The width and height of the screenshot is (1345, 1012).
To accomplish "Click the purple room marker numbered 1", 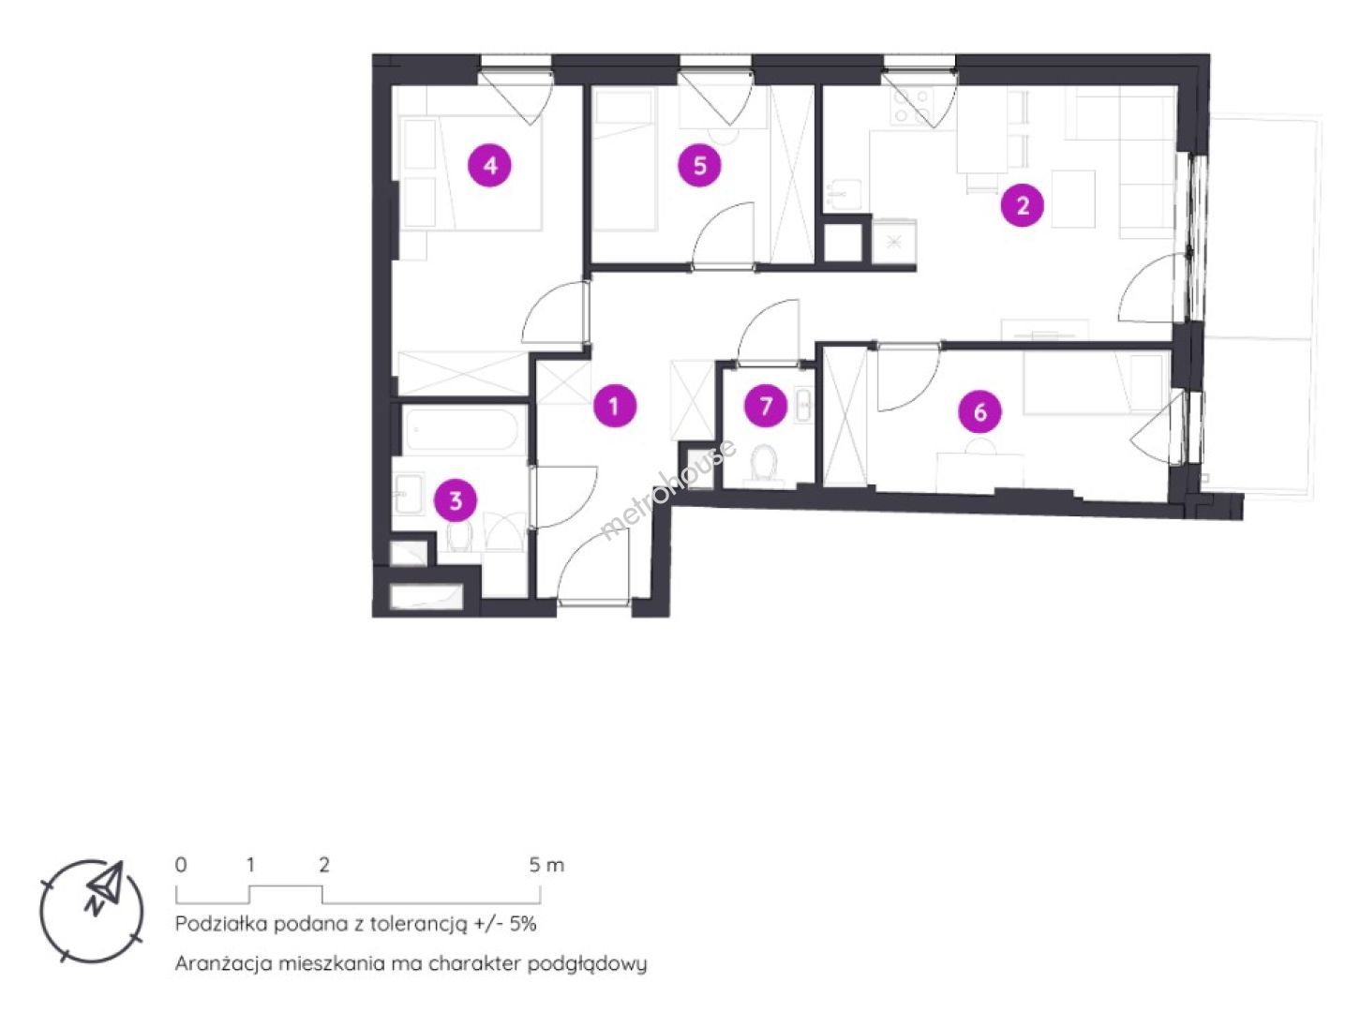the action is (x=615, y=406).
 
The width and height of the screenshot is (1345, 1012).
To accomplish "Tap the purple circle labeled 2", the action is (x=1022, y=205).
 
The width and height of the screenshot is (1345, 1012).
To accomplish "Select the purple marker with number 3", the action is (x=456, y=500).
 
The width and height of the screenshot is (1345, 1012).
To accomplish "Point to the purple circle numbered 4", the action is (x=490, y=166).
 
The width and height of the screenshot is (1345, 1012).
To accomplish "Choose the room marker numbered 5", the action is (x=700, y=166).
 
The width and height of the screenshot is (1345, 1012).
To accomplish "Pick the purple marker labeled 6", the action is (x=979, y=411).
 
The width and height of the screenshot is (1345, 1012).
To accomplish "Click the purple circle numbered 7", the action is (x=766, y=406).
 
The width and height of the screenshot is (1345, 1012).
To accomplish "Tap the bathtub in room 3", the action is (x=463, y=431).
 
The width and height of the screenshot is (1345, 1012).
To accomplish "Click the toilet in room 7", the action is (x=764, y=467).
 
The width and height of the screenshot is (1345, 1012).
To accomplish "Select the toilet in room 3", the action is (x=459, y=536).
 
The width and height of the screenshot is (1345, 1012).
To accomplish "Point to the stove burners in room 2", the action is (x=914, y=105).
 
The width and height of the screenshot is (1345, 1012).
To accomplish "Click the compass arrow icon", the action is (x=104, y=887).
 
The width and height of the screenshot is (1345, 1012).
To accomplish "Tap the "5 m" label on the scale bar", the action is (x=546, y=865).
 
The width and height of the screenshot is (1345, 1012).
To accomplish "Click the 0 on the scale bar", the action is (x=181, y=865).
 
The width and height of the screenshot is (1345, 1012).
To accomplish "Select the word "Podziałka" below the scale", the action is (x=220, y=923).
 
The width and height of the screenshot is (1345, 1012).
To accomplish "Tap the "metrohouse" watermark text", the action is (x=669, y=489).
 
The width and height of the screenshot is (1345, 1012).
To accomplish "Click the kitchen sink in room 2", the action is (x=844, y=193).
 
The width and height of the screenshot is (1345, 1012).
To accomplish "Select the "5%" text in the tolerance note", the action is (x=523, y=923).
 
